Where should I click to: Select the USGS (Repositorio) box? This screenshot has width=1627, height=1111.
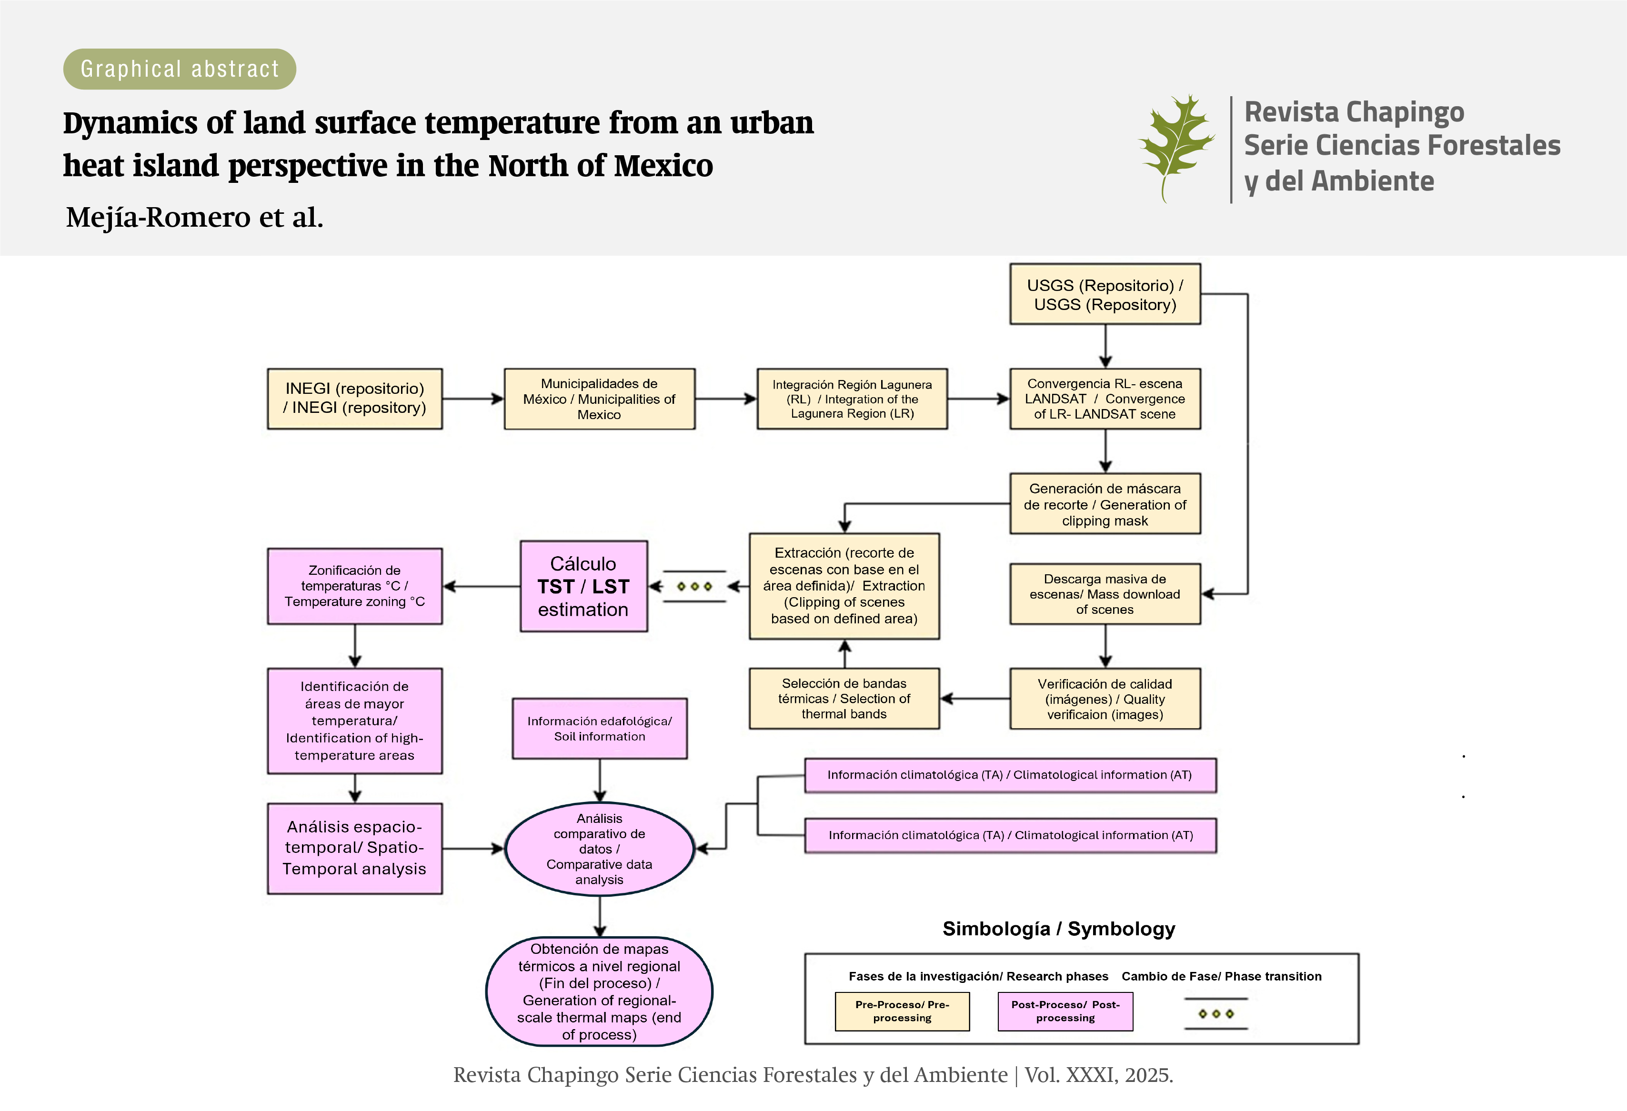coord(1105,294)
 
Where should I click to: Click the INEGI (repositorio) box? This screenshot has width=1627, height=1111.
coord(354,398)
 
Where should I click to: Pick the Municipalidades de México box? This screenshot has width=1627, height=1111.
coord(599,398)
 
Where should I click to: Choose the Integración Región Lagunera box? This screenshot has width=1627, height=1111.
coord(852,398)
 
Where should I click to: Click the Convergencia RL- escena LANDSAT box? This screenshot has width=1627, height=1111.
coord(1105,398)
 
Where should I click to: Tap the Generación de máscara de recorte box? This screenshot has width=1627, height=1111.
coord(1105,504)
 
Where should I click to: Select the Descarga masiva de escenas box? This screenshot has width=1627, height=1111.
coord(1105,594)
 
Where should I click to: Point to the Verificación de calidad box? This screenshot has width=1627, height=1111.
coord(1105,699)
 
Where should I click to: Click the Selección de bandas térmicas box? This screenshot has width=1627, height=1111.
coord(844,699)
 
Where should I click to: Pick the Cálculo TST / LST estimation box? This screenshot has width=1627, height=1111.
coord(583,586)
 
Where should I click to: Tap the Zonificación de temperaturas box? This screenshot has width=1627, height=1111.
coord(354,586)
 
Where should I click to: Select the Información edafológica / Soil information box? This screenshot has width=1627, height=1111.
coord(599,728)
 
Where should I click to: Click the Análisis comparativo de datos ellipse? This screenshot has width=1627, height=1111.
coord(599,849)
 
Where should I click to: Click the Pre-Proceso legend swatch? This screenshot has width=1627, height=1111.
coord(902,1011)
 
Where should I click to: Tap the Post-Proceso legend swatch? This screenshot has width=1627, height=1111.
coord(1065,1011)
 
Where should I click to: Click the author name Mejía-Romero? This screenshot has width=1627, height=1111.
coord(158,217)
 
